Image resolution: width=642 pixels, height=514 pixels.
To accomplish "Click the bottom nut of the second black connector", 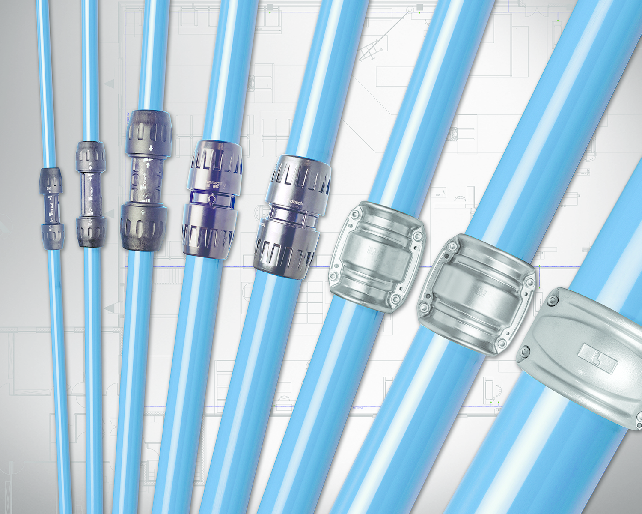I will point(91,232).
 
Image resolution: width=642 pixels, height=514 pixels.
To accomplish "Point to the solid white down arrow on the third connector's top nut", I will point(151,148).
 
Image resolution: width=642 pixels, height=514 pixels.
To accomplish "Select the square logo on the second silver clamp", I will point(481,292).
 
